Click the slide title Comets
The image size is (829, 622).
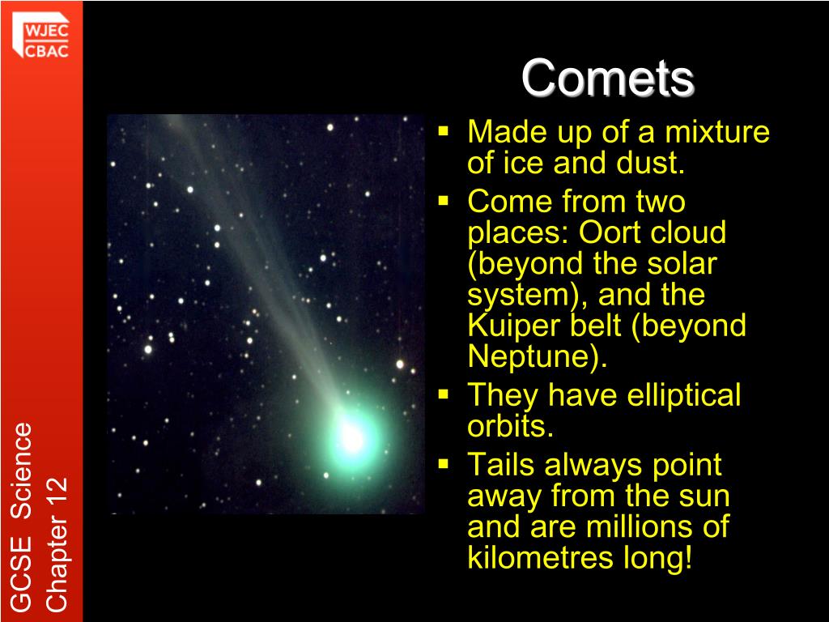tap(607, 78)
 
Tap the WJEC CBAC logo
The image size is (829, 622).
tap(40, 36)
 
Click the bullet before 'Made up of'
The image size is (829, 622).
tap(443, 130)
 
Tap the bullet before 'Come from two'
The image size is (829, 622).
tap(443, 201)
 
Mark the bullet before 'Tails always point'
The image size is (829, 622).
tap(443, 464)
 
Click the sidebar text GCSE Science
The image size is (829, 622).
tap(22, 517)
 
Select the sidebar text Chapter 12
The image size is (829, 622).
tap(57, 544)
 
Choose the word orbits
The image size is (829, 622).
tap(510, 426)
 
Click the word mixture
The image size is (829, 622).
tap(717, 131)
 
